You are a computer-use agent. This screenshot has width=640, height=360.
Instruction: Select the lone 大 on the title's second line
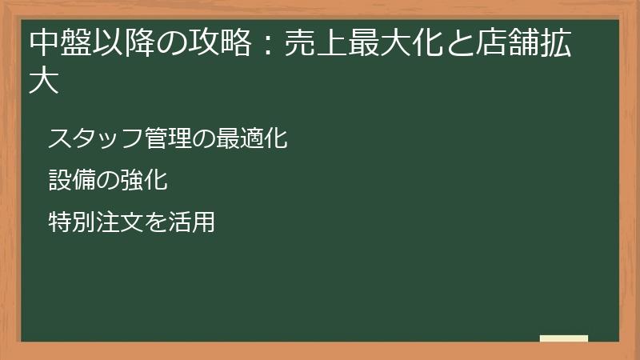coord(44,82)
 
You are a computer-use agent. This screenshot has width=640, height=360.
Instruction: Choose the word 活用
coord(192,222)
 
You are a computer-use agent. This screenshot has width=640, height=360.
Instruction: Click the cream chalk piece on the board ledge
coord(564,338)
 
